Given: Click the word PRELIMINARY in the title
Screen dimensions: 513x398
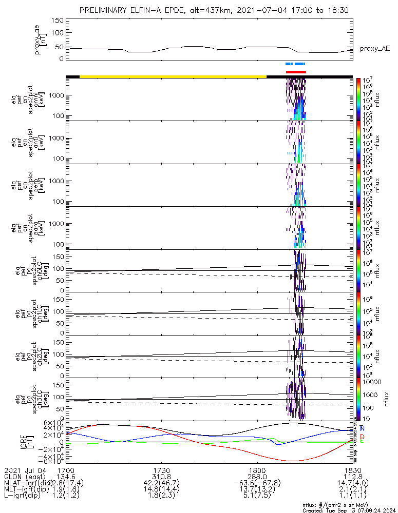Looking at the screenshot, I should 105,10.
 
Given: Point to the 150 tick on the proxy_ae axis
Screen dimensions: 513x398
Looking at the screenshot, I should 57,21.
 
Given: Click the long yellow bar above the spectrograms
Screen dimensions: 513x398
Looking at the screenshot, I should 173,76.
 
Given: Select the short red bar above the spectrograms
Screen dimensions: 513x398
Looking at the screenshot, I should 296,72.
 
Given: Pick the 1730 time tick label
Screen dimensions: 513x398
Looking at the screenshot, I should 162,470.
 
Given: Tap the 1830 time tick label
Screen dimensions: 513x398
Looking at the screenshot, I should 352,470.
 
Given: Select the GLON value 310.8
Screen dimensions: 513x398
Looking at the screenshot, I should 162,477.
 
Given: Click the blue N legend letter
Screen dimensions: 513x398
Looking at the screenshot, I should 363,428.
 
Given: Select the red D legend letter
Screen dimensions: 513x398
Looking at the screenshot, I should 363,436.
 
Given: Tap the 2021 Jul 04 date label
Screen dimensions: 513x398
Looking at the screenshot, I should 23,470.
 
